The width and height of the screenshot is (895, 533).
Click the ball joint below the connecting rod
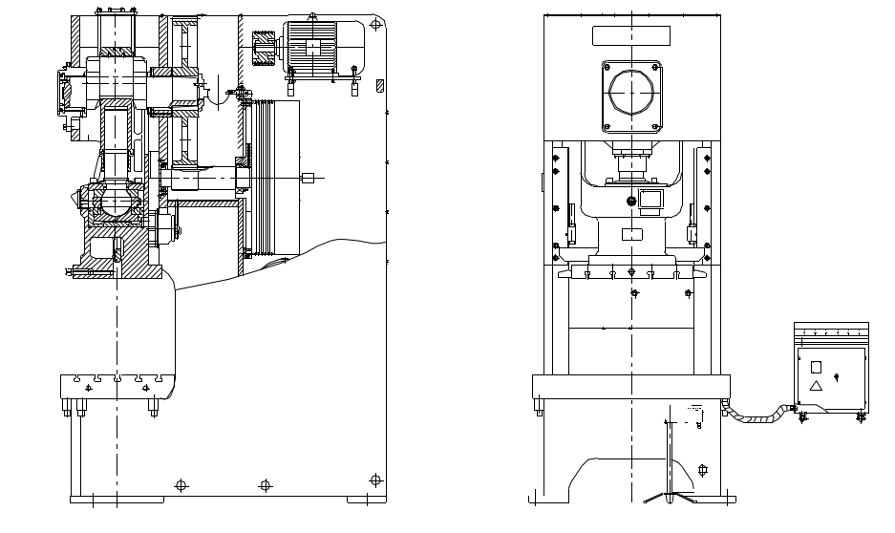116,201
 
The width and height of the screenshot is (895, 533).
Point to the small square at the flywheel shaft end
308,177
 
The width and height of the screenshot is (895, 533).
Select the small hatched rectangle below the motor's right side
379,86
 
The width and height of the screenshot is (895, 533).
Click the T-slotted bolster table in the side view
116,385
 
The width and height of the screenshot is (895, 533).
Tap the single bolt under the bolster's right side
153,410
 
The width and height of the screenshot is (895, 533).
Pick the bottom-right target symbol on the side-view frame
375,480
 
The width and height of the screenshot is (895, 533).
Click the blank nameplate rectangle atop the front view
631,36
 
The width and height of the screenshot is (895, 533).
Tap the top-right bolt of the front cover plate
656,67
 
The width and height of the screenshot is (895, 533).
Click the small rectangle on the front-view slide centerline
631,235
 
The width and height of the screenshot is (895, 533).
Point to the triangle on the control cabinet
816,386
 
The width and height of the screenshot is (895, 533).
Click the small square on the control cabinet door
816,367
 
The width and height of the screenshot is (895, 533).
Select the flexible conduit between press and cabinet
759,416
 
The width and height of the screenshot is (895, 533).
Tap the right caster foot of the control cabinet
861,416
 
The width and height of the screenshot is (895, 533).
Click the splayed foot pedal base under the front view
670,495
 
